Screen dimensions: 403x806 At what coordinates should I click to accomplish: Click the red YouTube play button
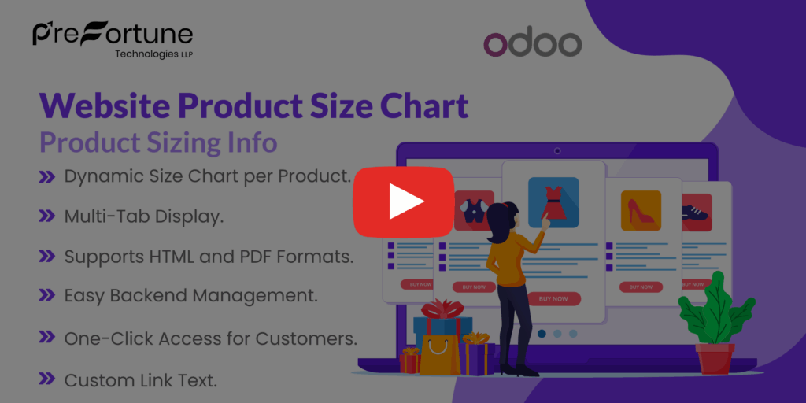[403, 201]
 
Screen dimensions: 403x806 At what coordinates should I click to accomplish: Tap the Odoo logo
[532, 44]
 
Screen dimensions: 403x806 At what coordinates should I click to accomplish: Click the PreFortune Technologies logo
[113, 39]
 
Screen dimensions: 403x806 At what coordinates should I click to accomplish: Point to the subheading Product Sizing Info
[158, 142]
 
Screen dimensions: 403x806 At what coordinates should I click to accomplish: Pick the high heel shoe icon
[640, 210]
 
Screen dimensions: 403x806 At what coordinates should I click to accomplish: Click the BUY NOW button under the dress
[553, 299]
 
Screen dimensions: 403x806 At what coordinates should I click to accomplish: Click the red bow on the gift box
[442, 309]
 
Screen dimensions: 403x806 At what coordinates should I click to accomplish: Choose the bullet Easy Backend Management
[190, 296]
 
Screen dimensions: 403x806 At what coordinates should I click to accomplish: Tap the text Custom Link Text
[140, 380]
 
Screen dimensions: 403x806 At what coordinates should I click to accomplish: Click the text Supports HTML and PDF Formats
[209, 257]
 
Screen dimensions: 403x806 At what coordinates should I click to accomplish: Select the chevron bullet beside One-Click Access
[46, 338]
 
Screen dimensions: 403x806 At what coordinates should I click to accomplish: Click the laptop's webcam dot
[557, 150]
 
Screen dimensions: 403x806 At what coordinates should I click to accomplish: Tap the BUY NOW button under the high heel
[641, 287]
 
